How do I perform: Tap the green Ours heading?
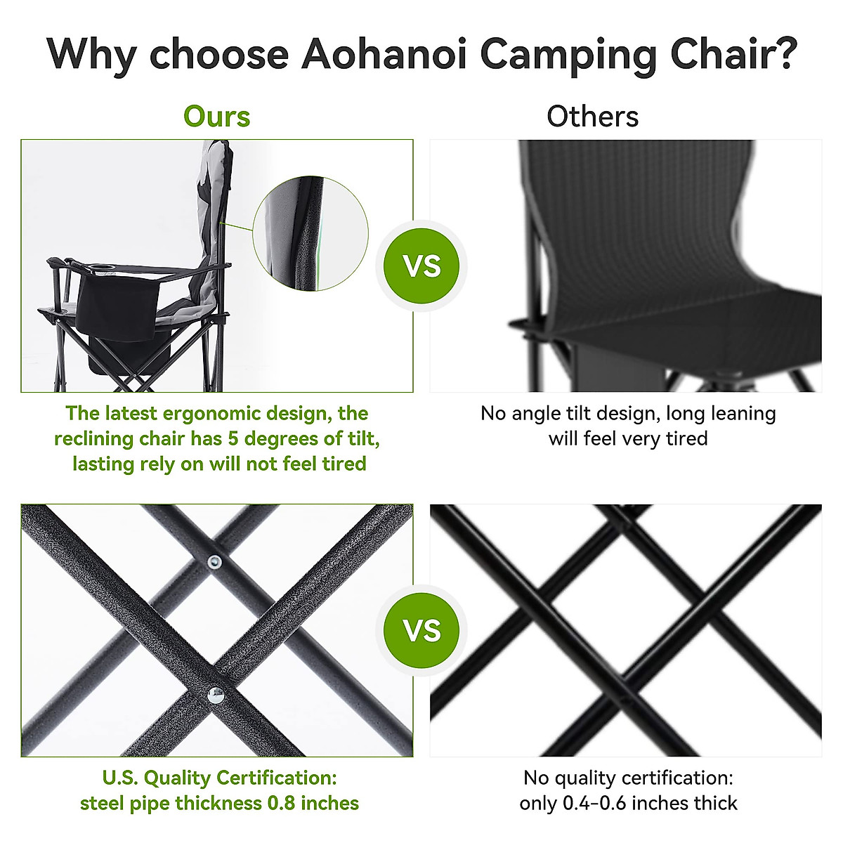(x=216, y=117)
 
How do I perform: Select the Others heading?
(x=592, y=117)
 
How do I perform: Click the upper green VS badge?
(x=421, y=266)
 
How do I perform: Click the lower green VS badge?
(x=421, y=630)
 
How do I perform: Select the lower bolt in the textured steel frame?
(x=216, y=696)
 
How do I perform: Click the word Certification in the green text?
(x=276, y=778)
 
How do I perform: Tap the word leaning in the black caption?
(x=742, y=414)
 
